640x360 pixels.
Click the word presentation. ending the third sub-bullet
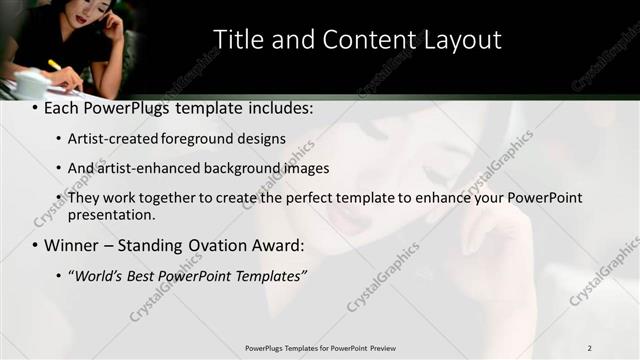pos(112,214)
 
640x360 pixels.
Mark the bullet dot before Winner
pos(36,246)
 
